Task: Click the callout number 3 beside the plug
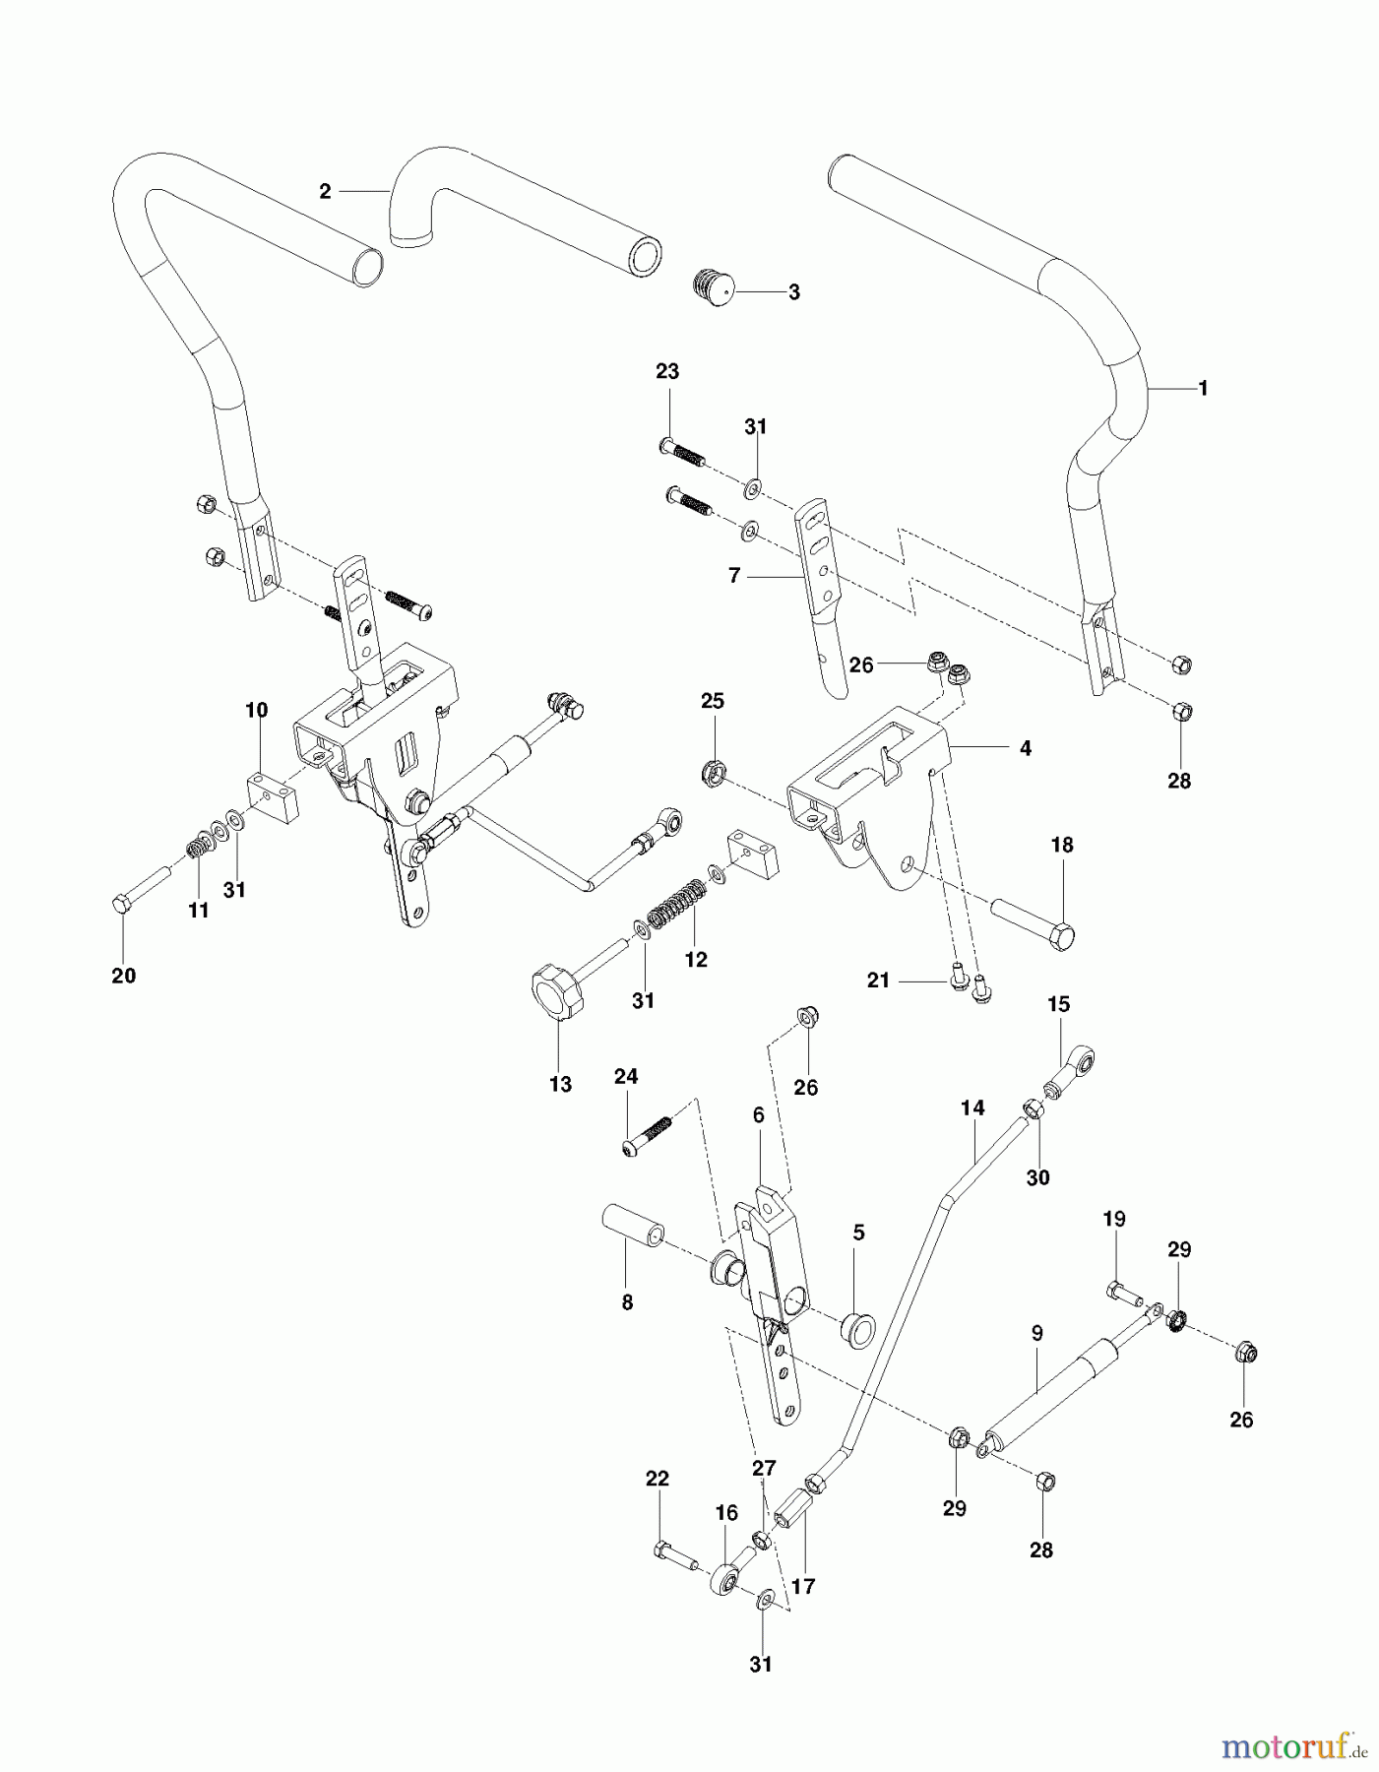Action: (793, 292)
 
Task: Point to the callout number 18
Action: (1061, 845)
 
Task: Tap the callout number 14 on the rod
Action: (972, 1108)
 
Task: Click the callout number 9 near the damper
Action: (1036, 1333)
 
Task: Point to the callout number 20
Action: (123, 976)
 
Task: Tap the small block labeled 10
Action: (271, 795)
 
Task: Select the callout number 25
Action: (712, 701)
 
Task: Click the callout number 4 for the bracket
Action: (1025, 748)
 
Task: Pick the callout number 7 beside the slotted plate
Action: (734, 576)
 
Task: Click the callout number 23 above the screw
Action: (667, 371)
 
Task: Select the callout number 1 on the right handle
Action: (1202, 388)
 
